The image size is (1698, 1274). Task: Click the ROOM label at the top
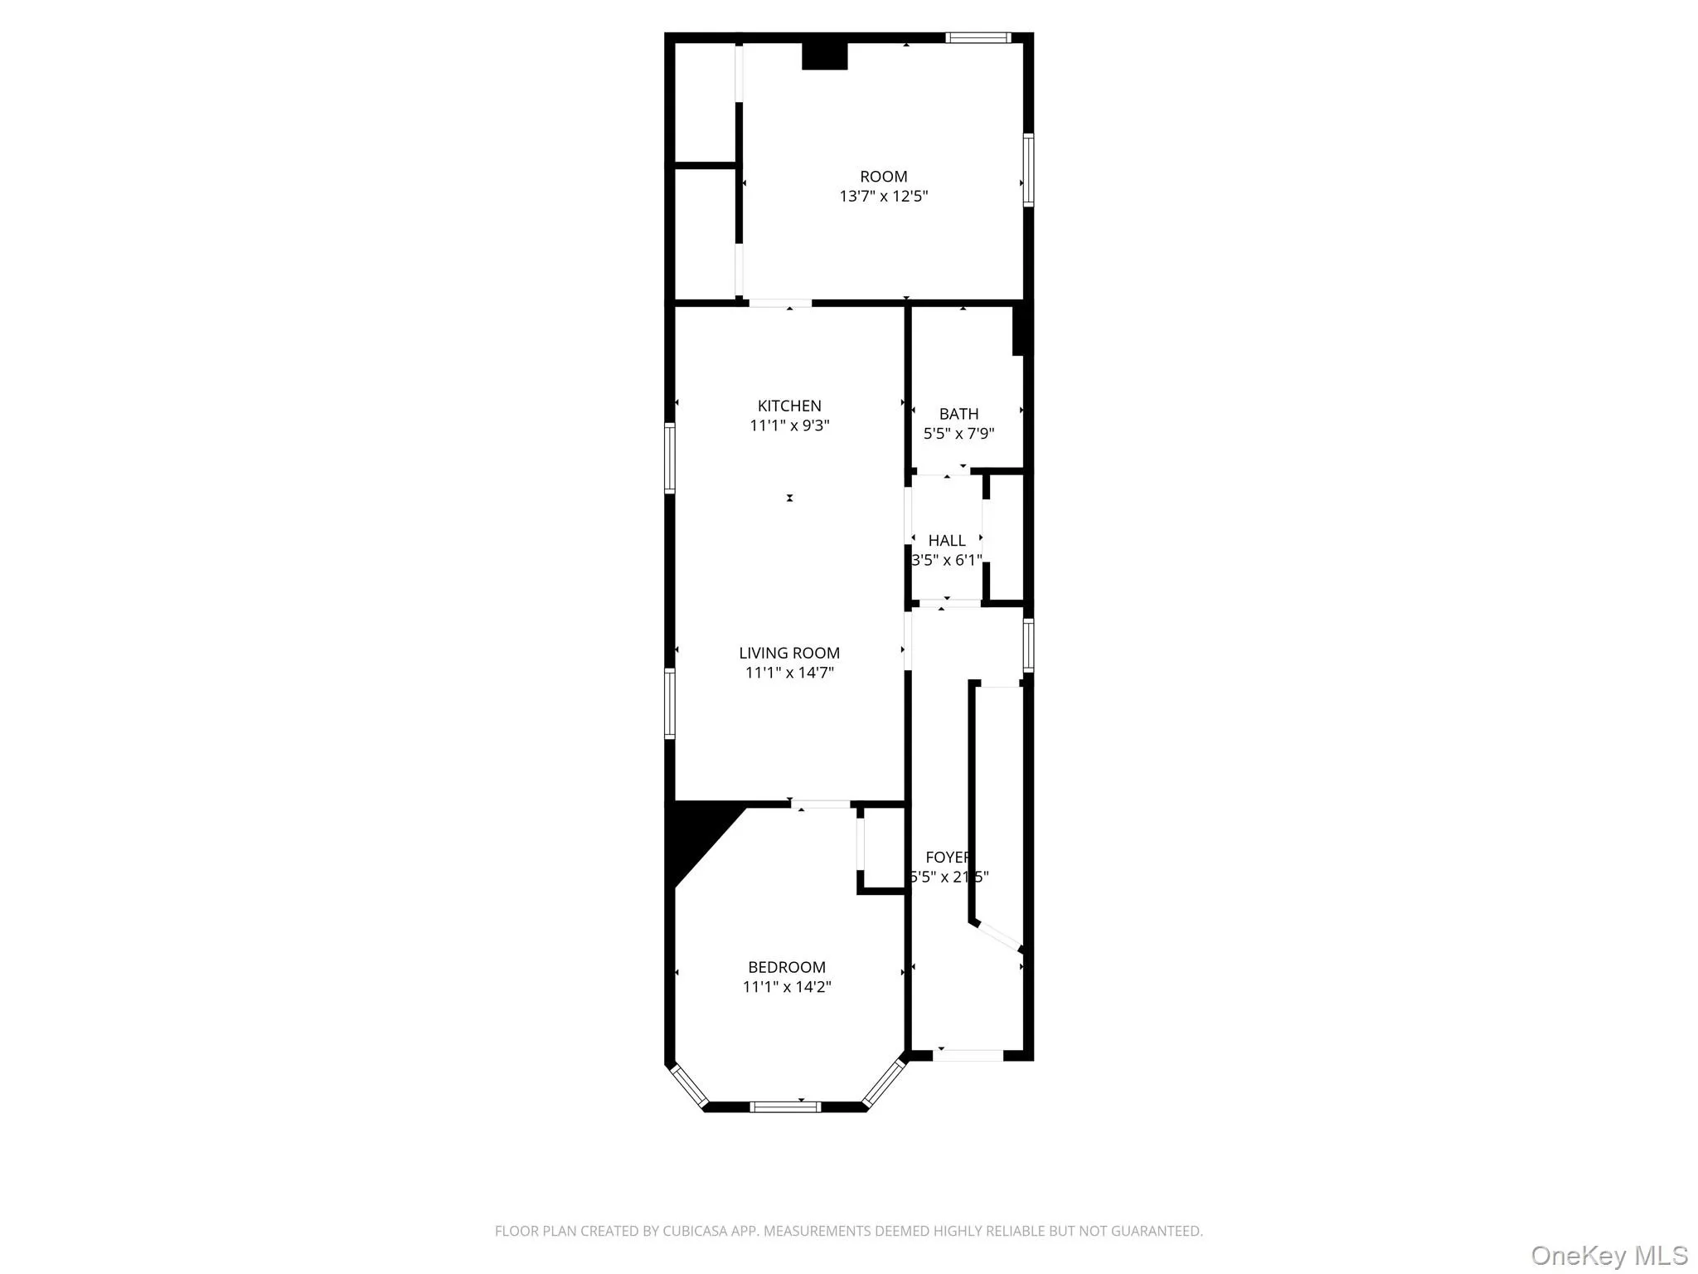883,177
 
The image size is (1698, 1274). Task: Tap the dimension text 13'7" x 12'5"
883,197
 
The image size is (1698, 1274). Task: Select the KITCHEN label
789,406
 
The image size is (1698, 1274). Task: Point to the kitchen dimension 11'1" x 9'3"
789,425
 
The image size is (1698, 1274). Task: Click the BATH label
958,414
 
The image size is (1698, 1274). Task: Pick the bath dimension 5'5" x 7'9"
958,433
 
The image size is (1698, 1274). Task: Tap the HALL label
947,541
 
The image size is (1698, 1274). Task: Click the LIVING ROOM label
789,653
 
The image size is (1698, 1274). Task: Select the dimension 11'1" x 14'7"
789,673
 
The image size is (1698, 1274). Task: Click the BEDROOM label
787,967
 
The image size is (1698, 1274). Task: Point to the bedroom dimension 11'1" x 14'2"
787,987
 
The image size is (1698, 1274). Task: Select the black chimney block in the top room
824,56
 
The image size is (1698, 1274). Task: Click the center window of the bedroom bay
785,1106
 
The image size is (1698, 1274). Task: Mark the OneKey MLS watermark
1608,1255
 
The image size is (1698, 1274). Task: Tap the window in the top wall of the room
978,37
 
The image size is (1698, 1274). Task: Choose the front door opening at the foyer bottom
968,1056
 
